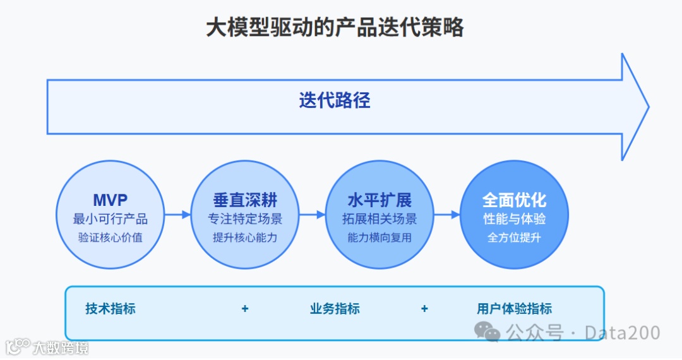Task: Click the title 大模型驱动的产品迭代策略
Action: tap(335, 27)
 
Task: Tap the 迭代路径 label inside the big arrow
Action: tap(335, 100)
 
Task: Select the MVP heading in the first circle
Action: tap(111, 200)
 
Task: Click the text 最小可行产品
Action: tap(111, 219)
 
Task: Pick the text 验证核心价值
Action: tap(111, 238)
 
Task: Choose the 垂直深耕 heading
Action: tap(245, 200)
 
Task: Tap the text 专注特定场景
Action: tap(245, 219)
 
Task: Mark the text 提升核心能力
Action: tap(245, 238)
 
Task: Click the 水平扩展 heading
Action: tap(380, 200)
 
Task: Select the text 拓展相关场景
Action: tap(380, 219)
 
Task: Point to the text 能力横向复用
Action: tap(380, 238)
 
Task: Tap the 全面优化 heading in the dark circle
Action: tap(514, 200)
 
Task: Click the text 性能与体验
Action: tap(514, 219)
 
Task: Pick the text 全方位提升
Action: tap(514, 238)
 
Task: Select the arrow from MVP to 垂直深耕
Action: tap(177, 215)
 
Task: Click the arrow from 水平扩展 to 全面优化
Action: tap(446, 215)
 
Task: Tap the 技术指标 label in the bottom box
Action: tap(111, 309)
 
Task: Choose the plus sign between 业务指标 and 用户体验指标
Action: tap(424, 309)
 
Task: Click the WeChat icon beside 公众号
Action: tap(488, 331)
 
